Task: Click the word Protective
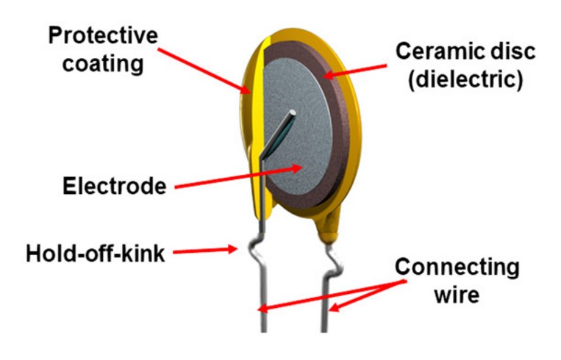pyautogui.click(x=103, y=35)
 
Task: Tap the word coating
pyautogui.click(x=103, y=64)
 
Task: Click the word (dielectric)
pyautogui.click(x=465, y=79)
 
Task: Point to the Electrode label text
pyautogui.click(x=115, y=186)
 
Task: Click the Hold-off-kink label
pyautogui.click(x=95, y=253)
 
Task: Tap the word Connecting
pyautogui.click(x=457, y=267)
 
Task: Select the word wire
pyautogui.click(x=457, y=295)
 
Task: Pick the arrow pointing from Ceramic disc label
pyautogui.click(x=354, y=71)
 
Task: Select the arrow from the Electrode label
pyautogui.click(x=239, y=177)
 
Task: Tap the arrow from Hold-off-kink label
pyautogui.click(x=205, y=251)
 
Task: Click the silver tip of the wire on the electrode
pyautogui.click(x=293, y=113)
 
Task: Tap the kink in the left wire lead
pyautogui.click(x=257, y=251)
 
